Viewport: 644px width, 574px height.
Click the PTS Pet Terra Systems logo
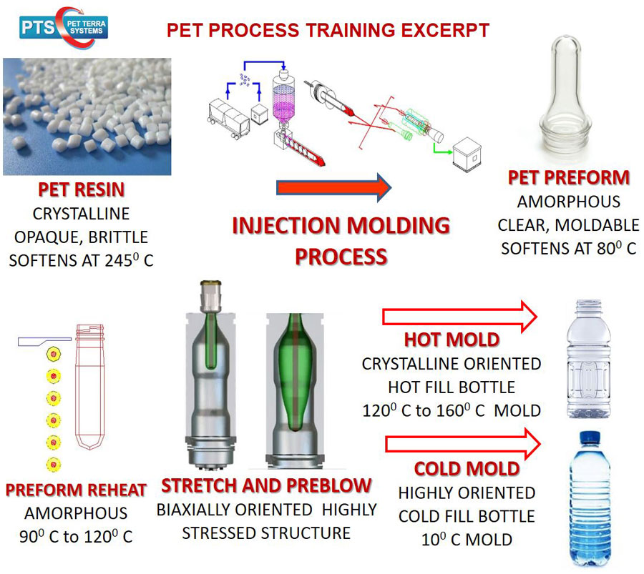[x=64, y=27]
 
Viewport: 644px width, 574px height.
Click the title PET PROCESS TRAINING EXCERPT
[x=328, y=30]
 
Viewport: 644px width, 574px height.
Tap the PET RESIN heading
[x=82, y=189]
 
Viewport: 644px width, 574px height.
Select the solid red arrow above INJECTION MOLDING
[x=334, y=187]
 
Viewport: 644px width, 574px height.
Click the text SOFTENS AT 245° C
[x=82, y=260]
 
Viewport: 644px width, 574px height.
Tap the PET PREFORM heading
[x=569, y=178]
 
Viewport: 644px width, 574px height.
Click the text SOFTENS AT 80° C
[x=569, y=248]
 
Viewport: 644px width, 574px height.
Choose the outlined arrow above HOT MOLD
[x=460, y=317]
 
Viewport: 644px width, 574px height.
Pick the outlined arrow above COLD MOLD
[x=463, y=444]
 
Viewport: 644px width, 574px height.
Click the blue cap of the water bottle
[x=590, y=437]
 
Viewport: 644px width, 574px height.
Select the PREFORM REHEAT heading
[x=76, y=490]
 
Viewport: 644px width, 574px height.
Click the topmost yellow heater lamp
[x=54, y=354]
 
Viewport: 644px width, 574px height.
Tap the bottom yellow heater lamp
[x=54, y=465]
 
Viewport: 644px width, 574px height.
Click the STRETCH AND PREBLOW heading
[x=266, y=486]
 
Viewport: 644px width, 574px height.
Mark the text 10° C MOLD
[x=467, y=540]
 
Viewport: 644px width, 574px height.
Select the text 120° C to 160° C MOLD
[x=452, y=410]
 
